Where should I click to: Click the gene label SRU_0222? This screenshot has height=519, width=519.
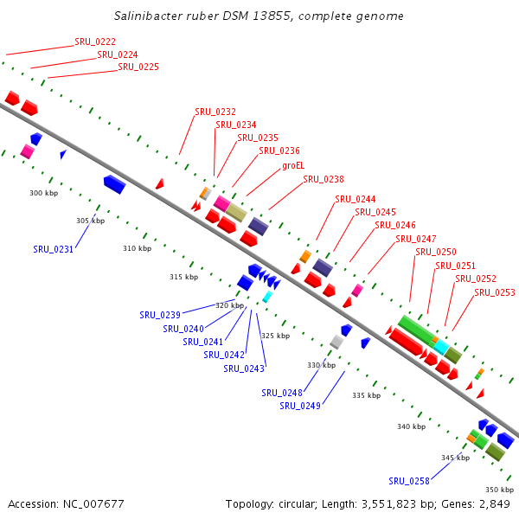click(95, 42)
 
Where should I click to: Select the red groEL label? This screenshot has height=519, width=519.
click(293, 165)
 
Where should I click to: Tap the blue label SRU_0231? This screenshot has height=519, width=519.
click(54, 249)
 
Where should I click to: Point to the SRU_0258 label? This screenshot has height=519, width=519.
click(409, 481)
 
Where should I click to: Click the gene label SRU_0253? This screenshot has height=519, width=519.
click(495, 292)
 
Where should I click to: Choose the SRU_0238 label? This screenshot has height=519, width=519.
click(324, 180)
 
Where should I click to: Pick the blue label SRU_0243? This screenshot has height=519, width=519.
click(244, 368)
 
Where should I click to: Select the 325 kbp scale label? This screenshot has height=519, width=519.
click(275, 336)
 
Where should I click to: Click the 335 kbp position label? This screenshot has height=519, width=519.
click(366, 395)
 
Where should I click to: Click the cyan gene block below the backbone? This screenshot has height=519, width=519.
click(267, 297)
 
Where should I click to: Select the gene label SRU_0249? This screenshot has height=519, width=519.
click(300, 406)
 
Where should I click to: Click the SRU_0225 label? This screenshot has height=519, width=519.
click(138, 67)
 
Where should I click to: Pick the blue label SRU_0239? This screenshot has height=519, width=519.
click(160, 315)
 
